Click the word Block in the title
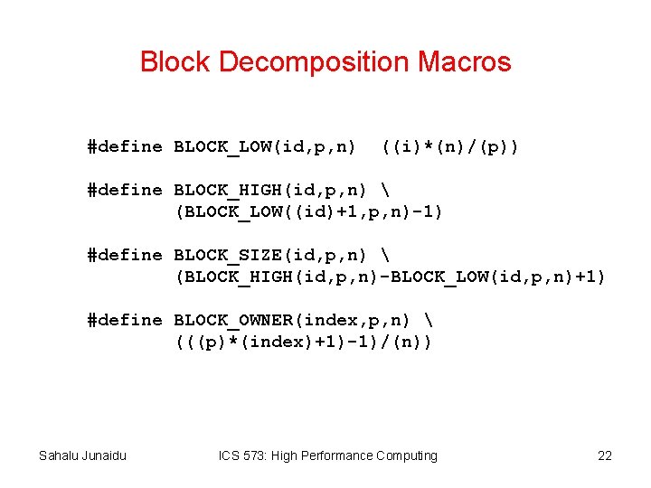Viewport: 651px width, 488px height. (175, 62)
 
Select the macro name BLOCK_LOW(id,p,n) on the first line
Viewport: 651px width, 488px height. (264, 146)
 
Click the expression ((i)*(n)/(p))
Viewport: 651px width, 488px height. (449, 146)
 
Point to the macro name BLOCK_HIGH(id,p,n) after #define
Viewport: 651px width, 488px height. (269, 190)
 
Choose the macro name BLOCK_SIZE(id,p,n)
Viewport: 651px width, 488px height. (269, 255)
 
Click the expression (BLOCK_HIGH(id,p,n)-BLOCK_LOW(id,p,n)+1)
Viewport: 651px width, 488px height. (390, 277)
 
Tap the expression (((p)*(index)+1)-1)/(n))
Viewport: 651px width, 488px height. (303, 342)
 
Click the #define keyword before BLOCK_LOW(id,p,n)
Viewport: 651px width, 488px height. (125, 146)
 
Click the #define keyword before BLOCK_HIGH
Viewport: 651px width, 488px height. (125, 190)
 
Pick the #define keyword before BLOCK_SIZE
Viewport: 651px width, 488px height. (125, 255)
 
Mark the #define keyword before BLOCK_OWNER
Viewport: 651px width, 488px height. (125, 320)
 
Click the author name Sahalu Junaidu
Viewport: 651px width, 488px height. (82, 455)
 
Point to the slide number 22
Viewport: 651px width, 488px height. (605, 455)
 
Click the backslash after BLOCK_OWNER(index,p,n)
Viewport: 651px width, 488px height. (427, 320)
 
